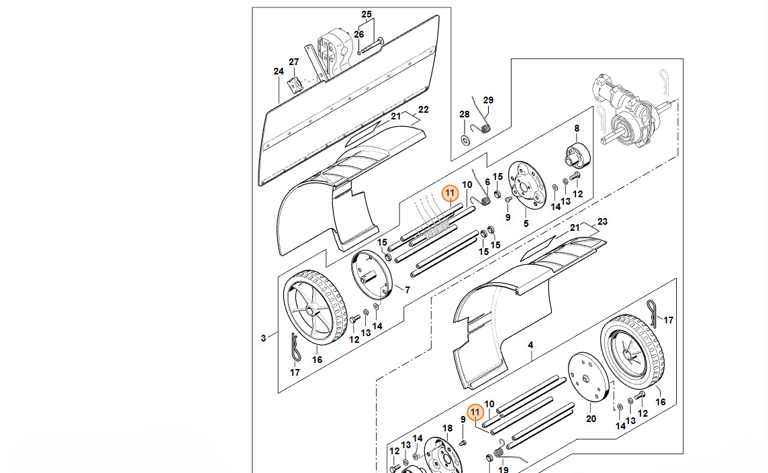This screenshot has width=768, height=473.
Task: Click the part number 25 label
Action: click(x=367, y=14)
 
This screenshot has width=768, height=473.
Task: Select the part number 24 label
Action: click(x=279, y=72)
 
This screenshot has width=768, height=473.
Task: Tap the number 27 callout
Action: click(x=294, y=62)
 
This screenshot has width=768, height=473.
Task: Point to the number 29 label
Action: click(x=488, y=101)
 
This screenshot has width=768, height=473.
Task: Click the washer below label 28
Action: click(x=465, y=140)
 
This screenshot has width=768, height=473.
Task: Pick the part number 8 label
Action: click(x=577, y=128)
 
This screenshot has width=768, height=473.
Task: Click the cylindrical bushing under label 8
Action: click(x=578, y=156)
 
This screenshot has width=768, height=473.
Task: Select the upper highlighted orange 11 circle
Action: click(x=450, y=193)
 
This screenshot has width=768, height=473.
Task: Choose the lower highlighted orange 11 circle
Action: click(x=475, y=413)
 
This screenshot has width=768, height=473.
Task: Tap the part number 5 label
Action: click(x=526, y=224)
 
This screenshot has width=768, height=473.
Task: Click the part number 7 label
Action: click(x=407, y=290)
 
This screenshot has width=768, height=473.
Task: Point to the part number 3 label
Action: click(x=264, y=338)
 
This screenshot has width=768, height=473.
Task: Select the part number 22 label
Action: click(x=424, y=109)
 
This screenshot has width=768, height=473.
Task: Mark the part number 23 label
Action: click(x=602, y=222)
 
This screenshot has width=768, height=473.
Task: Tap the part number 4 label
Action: click(x=530, y=346)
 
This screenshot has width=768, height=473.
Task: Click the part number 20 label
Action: click(x=591, y=419)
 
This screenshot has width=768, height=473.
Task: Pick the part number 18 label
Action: click(x=448, y=429)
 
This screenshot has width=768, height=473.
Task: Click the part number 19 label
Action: click(x=503, y=469)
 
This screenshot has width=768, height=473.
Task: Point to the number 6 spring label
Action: click(x=488, y=182)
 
